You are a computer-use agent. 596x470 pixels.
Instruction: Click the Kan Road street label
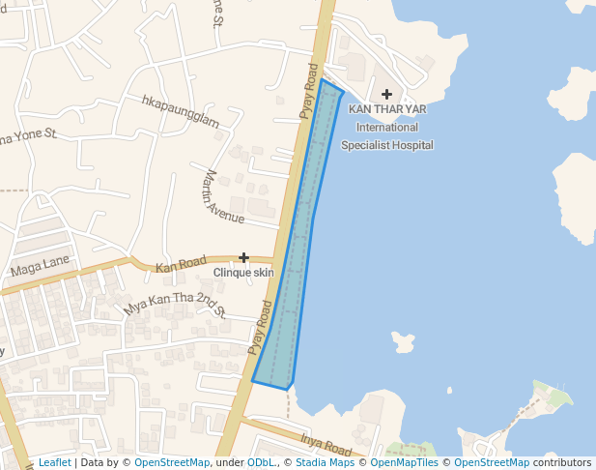pos(181,263)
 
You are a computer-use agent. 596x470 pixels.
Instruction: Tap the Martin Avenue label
pos(223,196)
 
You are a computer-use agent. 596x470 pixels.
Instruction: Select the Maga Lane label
pos(40,262)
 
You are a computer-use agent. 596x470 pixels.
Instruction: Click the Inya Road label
pos(326,444)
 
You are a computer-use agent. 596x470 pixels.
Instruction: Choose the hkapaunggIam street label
pos(181,111)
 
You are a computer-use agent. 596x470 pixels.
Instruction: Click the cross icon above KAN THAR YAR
pos(387,94)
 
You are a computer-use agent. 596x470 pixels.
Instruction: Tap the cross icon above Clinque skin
pos(244,257)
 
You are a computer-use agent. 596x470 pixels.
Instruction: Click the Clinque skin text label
pos(243,273)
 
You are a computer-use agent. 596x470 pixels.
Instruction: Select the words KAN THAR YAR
pos(387,109)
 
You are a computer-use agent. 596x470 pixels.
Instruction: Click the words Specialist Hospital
pos(387,145)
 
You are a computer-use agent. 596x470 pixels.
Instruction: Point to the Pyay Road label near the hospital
pos(309,91)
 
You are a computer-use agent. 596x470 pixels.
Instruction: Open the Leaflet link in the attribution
pos(54,462)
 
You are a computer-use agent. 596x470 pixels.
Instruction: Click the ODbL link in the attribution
pos(261,462)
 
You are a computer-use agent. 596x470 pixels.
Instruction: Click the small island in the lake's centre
pos(403,341)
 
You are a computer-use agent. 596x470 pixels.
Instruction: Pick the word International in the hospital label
pos(387,127)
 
